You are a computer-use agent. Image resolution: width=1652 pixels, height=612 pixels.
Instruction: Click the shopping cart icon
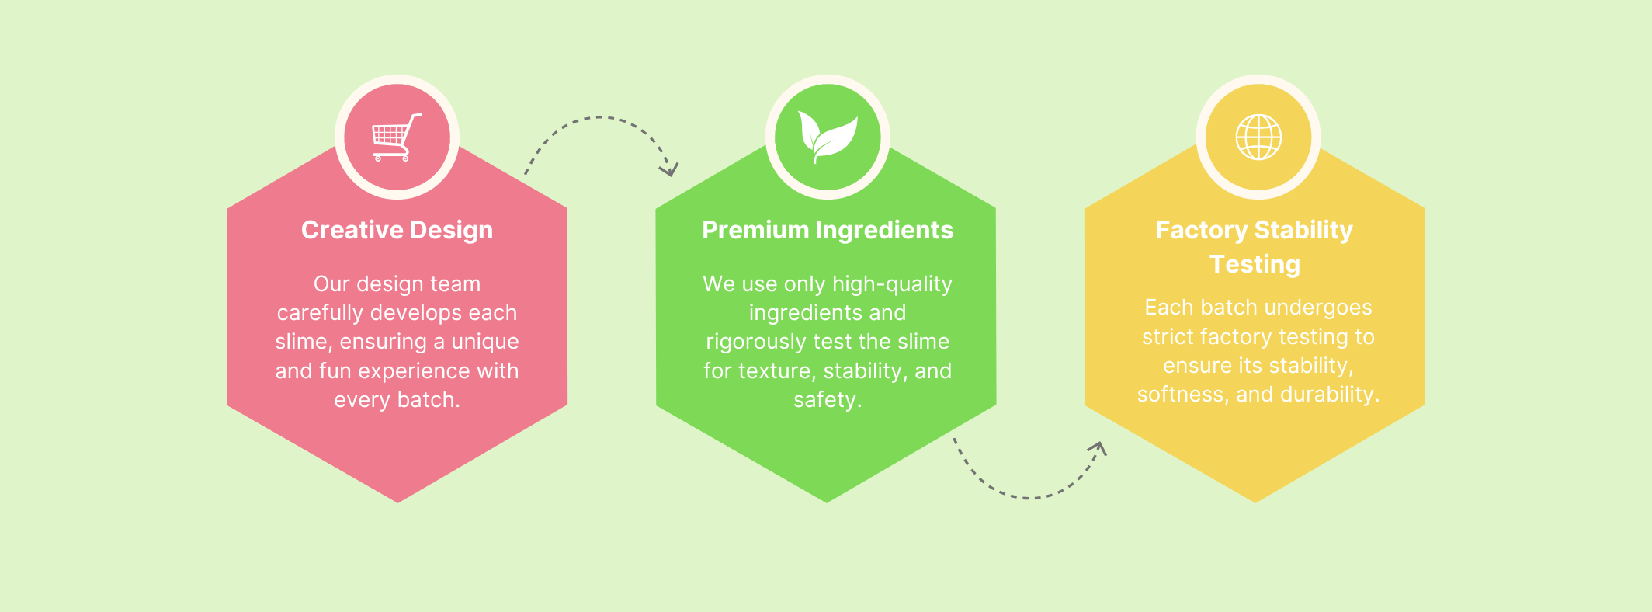click(x=397, y=137)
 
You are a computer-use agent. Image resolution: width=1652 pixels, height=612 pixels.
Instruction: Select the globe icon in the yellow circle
click(x=1258, y=137)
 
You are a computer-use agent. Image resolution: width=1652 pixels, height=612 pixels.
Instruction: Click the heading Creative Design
click(x=397, y=230)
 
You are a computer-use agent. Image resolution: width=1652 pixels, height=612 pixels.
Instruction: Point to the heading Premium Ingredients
click(x=828, y=230)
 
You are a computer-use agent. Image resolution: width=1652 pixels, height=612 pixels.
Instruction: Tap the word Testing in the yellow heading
click(x=1255, y=265)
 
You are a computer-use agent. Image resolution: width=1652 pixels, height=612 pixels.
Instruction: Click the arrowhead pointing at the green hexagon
click(x=669, y=169)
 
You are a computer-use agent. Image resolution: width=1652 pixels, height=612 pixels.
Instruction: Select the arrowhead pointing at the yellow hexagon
click(x=1098, y=448)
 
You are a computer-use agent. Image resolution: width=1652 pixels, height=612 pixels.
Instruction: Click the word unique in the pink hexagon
click(x=485, y=343)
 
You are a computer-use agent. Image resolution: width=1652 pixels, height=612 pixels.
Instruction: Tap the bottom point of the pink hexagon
click(x=397, y=502)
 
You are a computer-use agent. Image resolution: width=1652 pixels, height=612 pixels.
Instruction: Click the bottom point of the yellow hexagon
click(x=1255, y=502)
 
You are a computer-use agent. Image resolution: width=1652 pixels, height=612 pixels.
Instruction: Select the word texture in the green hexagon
click(x=777, y=371)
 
